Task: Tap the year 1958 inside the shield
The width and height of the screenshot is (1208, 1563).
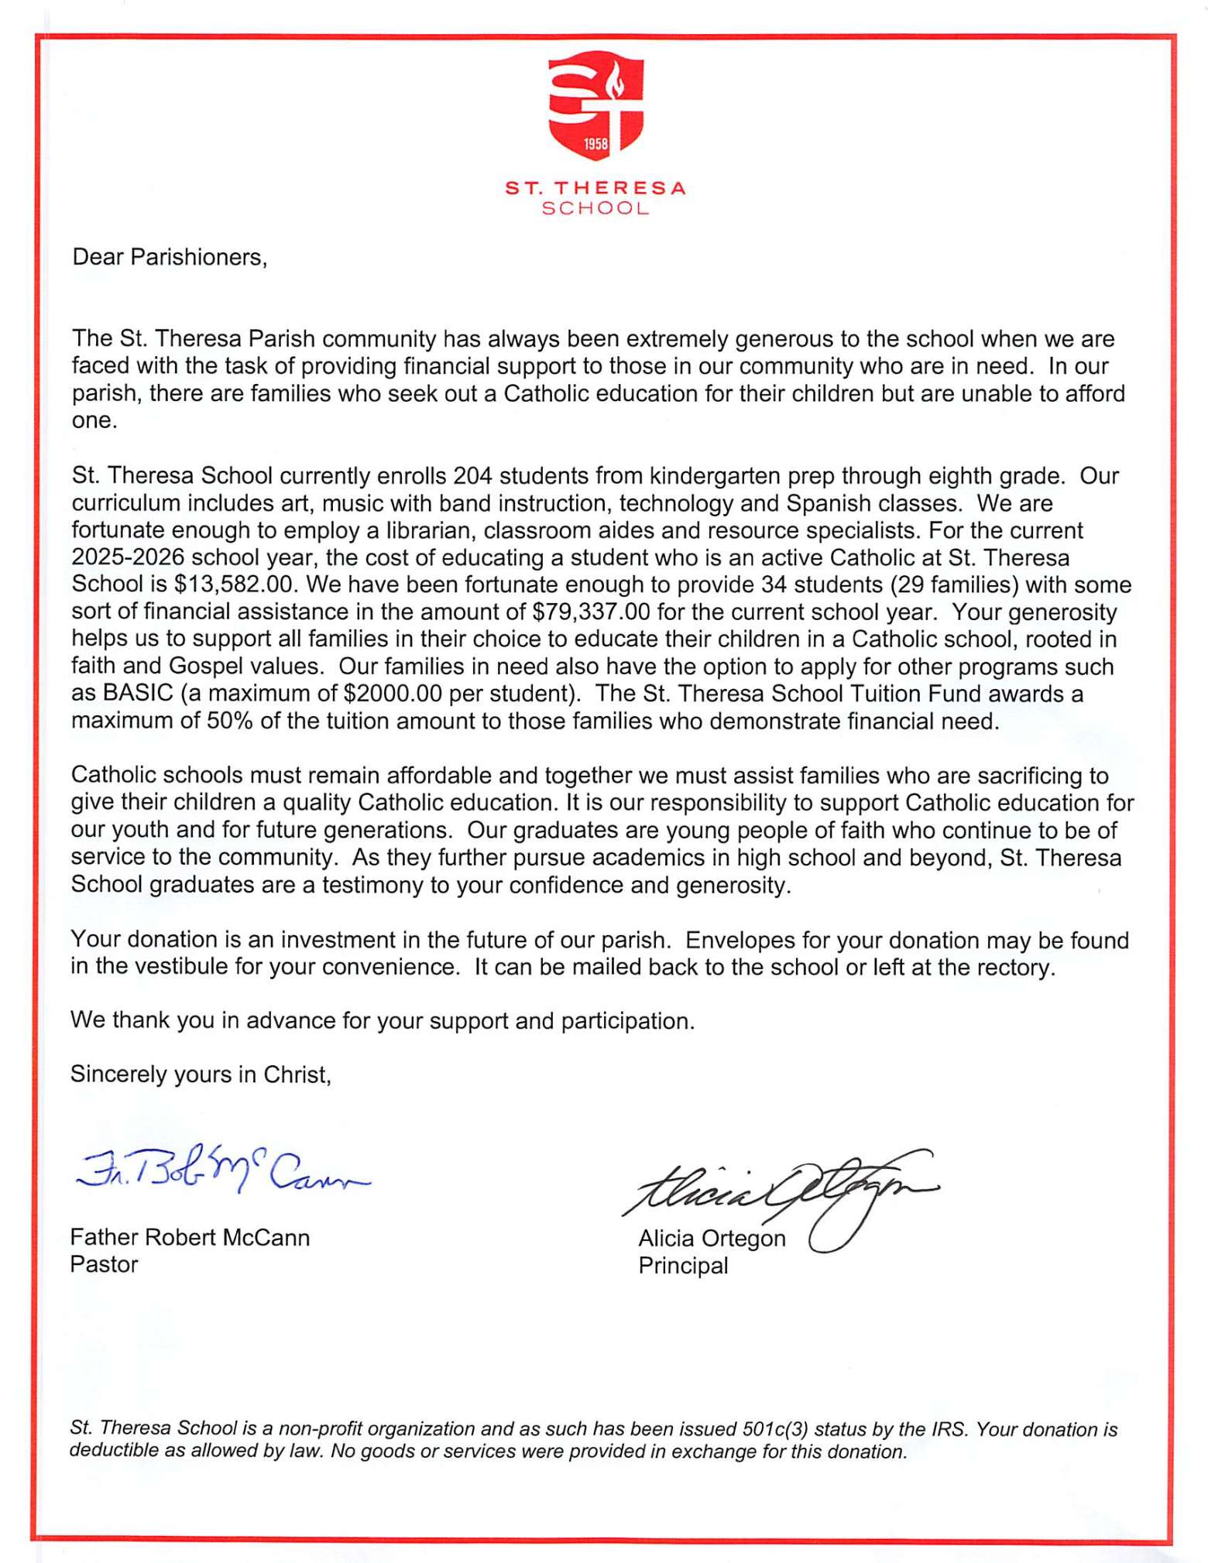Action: coord(596,144)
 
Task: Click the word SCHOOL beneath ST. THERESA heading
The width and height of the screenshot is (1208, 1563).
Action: coord(595,208)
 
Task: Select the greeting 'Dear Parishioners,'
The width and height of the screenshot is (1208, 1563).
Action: coord(170,257)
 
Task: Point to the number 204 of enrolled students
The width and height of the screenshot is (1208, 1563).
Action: coord(473,475)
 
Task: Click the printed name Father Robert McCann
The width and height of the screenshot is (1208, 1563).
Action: coord(190,1237)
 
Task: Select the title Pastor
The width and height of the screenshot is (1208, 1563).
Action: coord(104,1264)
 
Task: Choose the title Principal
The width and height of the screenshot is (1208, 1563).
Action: coord(683,1266)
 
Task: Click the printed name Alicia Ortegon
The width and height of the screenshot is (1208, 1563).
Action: coord(712,1239)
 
